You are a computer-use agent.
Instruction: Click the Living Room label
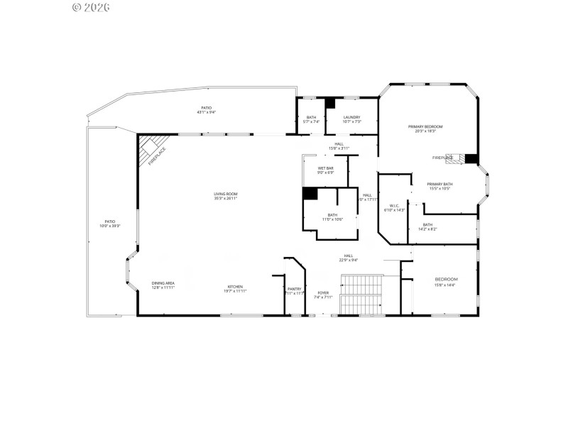click(226, 196)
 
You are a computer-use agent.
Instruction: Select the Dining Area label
click(163, 285)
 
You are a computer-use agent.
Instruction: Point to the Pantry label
click(295, 290)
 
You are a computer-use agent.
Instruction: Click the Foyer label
click(323, 295)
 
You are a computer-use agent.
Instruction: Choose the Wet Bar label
click(326, 170)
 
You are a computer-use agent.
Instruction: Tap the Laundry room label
click(351, 119)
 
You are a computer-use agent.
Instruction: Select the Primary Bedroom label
click(425, 129)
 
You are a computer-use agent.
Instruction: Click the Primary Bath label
click(439, 186)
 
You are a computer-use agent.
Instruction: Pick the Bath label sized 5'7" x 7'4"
click(311, 119)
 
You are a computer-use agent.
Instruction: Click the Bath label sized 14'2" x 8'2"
click(427, 226)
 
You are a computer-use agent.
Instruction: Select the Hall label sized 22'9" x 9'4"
click(349, 258)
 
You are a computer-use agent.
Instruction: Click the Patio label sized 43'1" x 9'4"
click(206, 110)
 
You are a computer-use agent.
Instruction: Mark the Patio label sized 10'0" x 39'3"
click(110, 224)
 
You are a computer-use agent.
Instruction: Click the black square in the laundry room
click(330, 103)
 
